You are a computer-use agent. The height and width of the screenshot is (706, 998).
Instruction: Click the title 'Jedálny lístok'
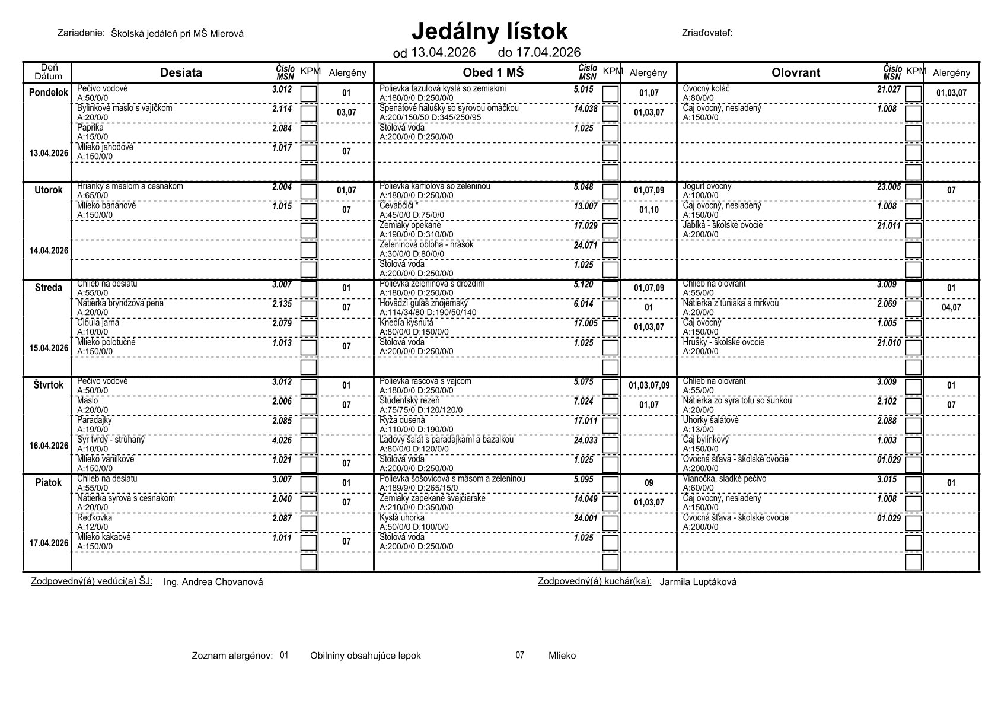(x=489, y=31)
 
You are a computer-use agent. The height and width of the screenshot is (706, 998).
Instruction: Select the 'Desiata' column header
(x=181, y=72)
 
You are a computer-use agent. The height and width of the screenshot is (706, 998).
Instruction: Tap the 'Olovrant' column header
(x=796, y=72)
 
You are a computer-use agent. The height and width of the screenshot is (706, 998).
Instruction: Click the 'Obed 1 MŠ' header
(x=493, y=72)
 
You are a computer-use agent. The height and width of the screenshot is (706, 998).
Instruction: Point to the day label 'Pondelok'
(x=49, y=93)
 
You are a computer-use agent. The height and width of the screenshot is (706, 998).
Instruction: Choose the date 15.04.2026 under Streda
(x=49, y=348)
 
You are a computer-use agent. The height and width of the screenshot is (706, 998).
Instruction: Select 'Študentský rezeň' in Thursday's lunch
(x=410, y=401)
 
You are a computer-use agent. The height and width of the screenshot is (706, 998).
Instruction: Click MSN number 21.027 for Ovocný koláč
(x=889, y=89)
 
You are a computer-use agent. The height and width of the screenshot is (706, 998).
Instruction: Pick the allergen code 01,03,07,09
(x=649, y=386)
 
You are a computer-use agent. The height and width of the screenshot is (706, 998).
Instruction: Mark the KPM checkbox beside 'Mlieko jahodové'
(x=309, y=152)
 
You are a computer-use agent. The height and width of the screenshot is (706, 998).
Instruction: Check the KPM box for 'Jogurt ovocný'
(x=913, y=191)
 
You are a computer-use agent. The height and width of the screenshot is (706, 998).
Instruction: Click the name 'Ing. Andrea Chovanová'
(x=213, y=582)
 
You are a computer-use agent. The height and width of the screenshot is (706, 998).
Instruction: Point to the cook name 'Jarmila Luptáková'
(x=698, y=582)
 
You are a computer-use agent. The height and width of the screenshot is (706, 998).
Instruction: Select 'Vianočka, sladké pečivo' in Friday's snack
(x=725, y=479)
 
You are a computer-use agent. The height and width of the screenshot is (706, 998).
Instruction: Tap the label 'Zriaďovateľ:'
(x=707, y=33)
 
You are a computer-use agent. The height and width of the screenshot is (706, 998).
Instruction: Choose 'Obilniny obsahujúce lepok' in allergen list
(x=365, y=656)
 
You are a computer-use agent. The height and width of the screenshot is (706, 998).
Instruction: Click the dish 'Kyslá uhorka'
(x=402, y=518)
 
